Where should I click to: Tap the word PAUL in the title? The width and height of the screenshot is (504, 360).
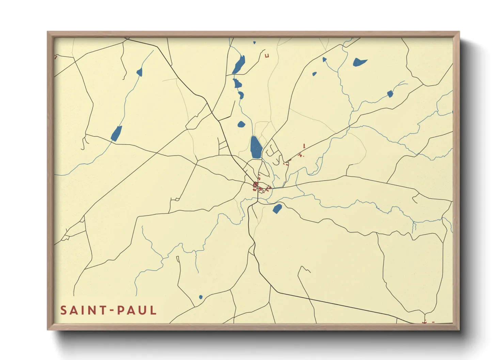coord(137,310)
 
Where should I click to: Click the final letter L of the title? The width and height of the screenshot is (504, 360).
coord(154,310)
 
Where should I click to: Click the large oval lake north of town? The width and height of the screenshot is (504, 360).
coord(256,147)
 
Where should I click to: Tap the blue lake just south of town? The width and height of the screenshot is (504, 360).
coord(277,208)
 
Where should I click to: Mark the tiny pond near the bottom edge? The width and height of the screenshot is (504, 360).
coord(201,297)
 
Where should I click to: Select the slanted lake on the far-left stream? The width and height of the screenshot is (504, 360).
coord(116,133)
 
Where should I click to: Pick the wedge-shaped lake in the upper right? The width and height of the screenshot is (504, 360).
coord(359,62)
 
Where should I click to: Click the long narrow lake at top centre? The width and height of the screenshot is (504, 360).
coord(239,65)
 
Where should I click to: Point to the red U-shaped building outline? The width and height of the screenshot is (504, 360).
coord(267,55)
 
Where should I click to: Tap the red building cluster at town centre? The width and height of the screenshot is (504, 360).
coord(256,186)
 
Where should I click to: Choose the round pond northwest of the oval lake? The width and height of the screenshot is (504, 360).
coord(241,124)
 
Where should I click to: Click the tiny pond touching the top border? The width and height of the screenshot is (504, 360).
coord(254,43)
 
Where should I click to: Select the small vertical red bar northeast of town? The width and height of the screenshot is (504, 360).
coord(304,146)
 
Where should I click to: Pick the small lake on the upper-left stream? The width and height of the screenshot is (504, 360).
coord(139,72)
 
